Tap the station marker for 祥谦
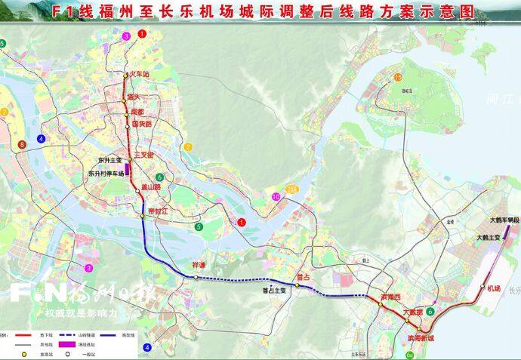click(196, 277)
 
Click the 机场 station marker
click(482, 287)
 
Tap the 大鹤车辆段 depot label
click(502, 220)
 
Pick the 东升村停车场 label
click(106, 173)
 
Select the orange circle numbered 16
click(398, 78)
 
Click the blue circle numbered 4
click(147, 348)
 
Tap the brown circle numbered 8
click(22, 143)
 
